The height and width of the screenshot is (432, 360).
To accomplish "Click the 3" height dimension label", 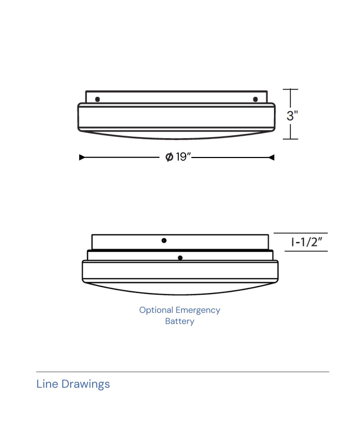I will pyautogui.click(x=292, y=116).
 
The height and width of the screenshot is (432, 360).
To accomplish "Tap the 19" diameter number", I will pyautogui.click(x=183, y=157).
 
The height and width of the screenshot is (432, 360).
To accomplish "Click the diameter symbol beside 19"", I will pyautogui.click(x=169, y=157).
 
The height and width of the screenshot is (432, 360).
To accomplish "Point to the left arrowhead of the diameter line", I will pyautogui.click(x=82, y=157).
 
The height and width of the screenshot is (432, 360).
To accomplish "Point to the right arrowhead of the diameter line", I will pyautogui.click(x=272, y=157).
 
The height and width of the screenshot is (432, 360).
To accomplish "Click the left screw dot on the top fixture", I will pyautogui.click(x=97, y=99).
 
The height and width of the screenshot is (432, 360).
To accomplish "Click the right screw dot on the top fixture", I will pyautogui.click(x=256, y=99).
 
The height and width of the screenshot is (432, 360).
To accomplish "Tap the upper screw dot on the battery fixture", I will pyautogui.click(x=164, y=240).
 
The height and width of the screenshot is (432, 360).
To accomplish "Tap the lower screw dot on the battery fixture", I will pyautogui.click(x=180, y=258).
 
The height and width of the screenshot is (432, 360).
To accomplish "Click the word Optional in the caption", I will pyautogui.click(x=156, y=310).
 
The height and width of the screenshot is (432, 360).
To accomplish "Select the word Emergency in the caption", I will pyautogui.click(x=198, y=310).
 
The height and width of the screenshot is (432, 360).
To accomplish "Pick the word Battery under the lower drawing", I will pyautogui.click(x=180, y=321).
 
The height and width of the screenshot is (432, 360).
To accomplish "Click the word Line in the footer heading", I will pyautogui.click(x=47, y=384).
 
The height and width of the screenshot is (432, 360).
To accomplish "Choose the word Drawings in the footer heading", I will pyautogui.click(x=86, y=384).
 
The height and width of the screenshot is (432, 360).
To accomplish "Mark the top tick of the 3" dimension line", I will pyautogui.click(x=291, y=89).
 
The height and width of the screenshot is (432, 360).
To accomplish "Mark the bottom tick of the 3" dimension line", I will pyautogui.click(x=291, y=139).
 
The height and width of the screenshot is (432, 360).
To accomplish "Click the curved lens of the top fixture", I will pyautogui.click(x=176, y=136).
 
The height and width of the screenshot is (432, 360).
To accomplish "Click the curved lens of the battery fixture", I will pyautogui.click(x=180, y=290).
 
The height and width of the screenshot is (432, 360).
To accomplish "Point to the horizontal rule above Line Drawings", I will pyautogui.click(x=183, y=372).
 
